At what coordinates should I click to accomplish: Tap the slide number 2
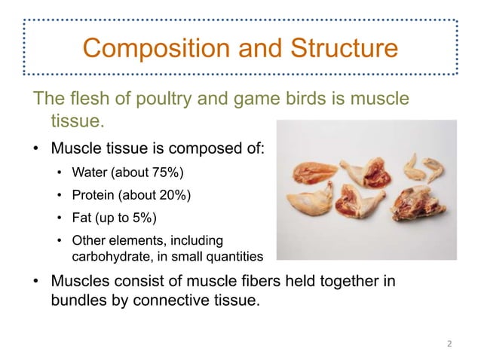(x=449, y=344)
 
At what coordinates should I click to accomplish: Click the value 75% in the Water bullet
(x=170, y=174)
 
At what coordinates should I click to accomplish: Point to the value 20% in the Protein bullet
(x=178, y=196)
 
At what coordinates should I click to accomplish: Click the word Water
(x=89, y=174)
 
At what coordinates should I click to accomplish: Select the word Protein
(x=93, y=196)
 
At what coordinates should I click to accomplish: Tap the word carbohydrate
(x=103, y=258)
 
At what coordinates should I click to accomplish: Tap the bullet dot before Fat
(x=60, y=219)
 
